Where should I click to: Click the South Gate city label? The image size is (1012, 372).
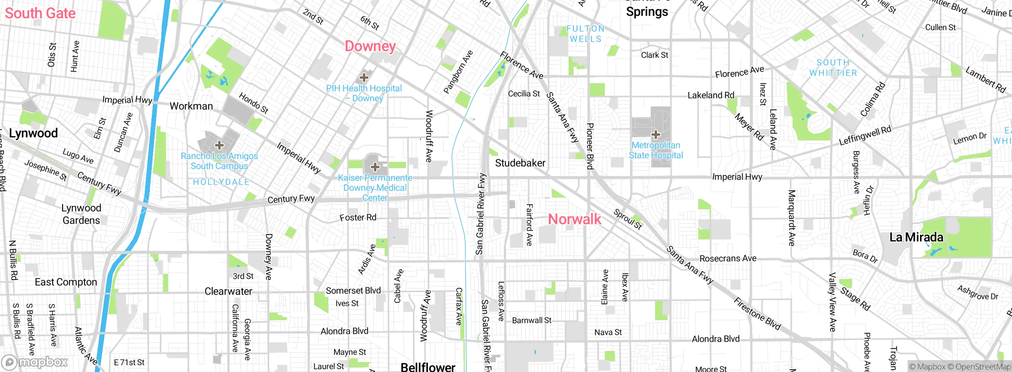[40, 13]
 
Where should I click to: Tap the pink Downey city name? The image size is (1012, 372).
[370, 46]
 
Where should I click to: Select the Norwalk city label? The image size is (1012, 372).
[574, 219]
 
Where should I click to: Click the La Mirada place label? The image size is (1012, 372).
[916, 237]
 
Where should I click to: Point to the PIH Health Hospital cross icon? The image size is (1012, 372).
[364, 78]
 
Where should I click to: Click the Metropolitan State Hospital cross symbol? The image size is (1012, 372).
[656, 135]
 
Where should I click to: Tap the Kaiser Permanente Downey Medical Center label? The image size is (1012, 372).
[375, 188]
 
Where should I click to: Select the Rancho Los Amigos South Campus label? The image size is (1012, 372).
[219, 161]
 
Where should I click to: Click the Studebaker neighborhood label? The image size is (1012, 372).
[520, 163]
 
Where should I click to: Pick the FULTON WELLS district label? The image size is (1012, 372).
[585, 34]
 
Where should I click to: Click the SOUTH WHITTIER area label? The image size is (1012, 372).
[833, 68]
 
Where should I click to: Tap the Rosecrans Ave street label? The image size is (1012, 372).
[728, 259]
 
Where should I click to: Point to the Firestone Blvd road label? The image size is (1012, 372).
[757, 314]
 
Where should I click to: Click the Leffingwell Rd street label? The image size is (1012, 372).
[865, 136]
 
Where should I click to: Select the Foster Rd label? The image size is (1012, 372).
[358, 218]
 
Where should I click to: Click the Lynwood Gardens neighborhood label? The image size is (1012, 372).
[81, 214]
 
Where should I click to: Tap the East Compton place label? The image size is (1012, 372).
[66, 282]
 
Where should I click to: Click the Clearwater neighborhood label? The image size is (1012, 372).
[228, 292]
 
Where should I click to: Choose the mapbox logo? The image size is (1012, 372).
[35, 362]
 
